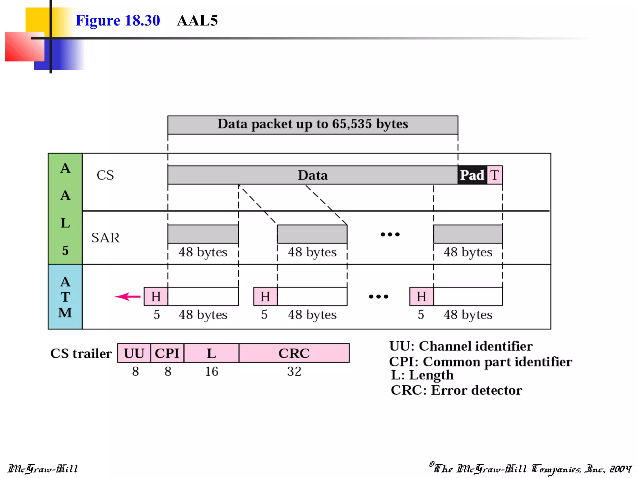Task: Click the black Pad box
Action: coord(472,175)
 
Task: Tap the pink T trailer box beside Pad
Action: coord(495,175)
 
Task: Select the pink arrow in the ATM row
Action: coord(128,297)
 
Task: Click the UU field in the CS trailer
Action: coord(134,353)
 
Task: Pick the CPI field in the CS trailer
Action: coord(167,353)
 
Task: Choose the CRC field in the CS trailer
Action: coord(294,353)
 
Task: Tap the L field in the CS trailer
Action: coord(211,353)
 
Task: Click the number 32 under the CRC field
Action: coord(294,371)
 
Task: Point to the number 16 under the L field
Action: coord(212,371)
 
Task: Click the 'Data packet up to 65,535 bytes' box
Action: coord(313,125)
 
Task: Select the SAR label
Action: coord(105,238)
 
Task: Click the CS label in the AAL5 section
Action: coord(105,175)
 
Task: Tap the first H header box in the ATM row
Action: coord(156,297)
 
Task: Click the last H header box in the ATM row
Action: coord(421,297)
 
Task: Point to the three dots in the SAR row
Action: coord(390,234)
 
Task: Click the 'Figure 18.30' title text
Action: coord(118,21)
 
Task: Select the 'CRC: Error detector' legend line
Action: coord(456,390)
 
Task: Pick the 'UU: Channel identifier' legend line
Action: coord(461,346)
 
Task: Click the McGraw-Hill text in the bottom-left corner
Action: coord(43,469)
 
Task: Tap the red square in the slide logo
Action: coord(24,47)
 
